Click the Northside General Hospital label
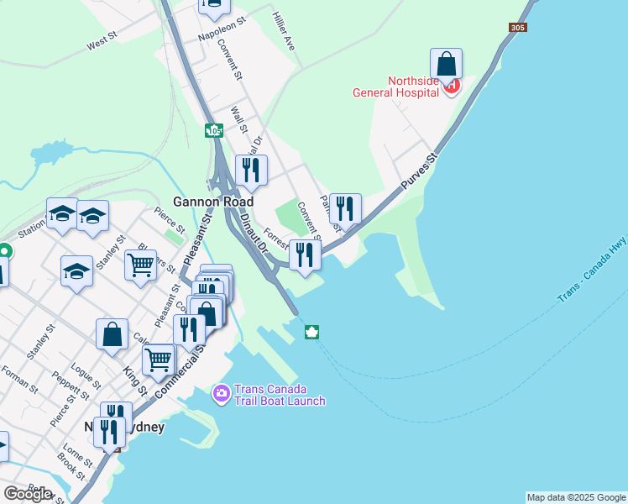click(x=413, y=87)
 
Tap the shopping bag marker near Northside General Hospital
click(x=447, y=64)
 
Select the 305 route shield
click(x=517, y=28)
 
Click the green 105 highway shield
click(x=214, y=131)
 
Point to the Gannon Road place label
click(x=207, y=202)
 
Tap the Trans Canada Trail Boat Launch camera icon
click(x=222, y=392)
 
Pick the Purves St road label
click(x=421, y=171)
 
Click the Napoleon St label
click(x=220, y=32)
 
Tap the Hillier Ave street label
click(x=284, y=31)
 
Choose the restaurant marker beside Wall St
click(x=251, y=171)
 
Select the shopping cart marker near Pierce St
click(x=141, y=265)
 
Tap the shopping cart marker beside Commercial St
click(x=159, y=360)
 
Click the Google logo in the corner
click(x=28, y=493)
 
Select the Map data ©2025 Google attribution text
click(x=575, y=497)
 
